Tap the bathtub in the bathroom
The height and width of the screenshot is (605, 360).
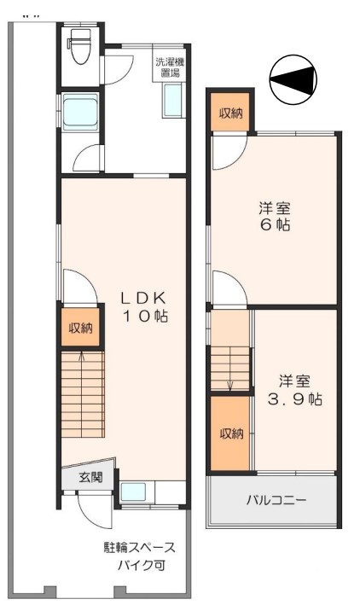coord(81,113)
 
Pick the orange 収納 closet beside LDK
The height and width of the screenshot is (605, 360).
coord(81,328)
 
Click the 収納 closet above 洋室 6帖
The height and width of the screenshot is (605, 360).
coord(230,113)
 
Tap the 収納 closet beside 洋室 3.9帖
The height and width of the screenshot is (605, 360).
coord(231,433)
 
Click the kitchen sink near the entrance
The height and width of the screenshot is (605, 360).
coord(133,492)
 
